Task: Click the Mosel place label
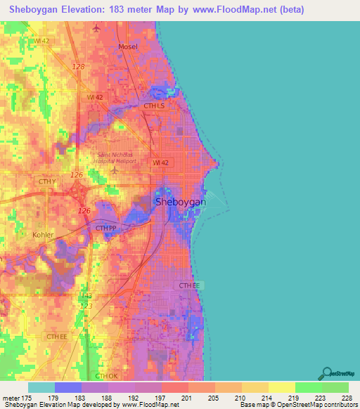[127, 46]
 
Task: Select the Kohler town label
[43, 235]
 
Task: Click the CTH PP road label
[106, 228]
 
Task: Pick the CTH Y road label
[47, 181]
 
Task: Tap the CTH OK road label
[105, 377]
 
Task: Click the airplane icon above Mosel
[96, 29]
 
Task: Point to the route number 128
[79, 65]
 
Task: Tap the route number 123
[86, 306]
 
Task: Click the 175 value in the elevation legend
[27, 398]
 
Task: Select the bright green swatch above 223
[308, 387]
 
